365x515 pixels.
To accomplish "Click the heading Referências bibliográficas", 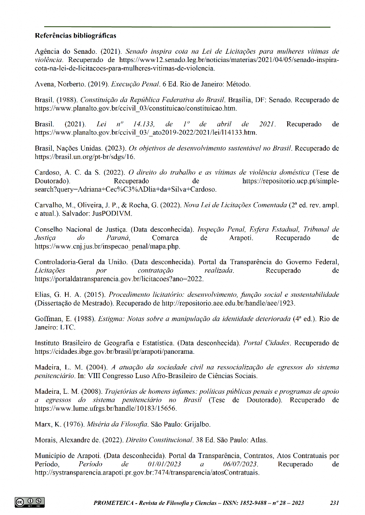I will (75, 35).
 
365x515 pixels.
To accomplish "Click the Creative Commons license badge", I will (29, 502).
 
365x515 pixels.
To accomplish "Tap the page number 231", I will (335, 503).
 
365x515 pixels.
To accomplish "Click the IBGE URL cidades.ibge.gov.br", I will (115, 352).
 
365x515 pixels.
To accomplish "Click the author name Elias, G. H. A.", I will (55, 294).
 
